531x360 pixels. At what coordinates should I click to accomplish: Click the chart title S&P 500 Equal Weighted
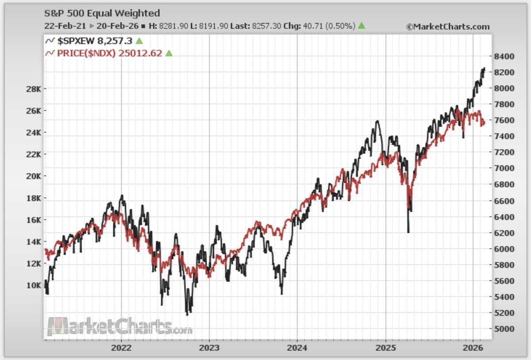coord(102,13)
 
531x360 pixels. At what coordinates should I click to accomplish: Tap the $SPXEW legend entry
coord(93,41)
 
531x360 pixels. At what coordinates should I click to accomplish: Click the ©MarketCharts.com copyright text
coord(448,27)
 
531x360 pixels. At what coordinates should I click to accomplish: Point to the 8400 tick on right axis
coord(505,56)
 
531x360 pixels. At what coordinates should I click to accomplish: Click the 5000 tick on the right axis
coord(505,329)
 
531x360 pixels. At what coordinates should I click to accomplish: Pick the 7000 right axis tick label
coord(505,168)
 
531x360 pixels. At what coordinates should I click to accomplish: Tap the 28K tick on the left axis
coord(34,89)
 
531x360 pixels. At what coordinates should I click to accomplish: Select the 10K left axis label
coord(34,285)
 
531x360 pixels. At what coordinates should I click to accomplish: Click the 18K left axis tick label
coord(34,198)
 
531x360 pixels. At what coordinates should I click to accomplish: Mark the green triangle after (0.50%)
coord(362,26)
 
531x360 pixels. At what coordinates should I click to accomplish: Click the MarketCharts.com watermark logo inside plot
coord(119,327)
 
